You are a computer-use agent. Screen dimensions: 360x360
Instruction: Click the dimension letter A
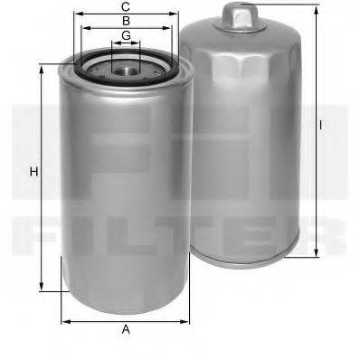(126, 329)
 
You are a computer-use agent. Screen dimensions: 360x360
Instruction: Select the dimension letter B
(126, 20)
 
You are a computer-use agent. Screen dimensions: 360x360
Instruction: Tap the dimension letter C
(126, 6)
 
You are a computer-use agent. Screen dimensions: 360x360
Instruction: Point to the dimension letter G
(126, 35)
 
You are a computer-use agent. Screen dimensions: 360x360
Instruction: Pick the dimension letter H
(33, 172)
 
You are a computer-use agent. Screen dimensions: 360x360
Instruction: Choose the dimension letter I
(320, 124)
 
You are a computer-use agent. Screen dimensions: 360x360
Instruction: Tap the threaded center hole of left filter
(126, 66)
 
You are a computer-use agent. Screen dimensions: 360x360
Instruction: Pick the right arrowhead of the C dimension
(177, 14)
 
